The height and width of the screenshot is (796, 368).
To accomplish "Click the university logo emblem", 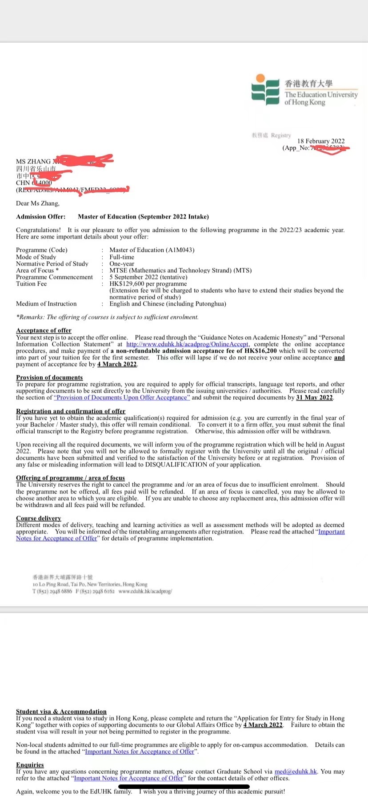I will pos(265,89).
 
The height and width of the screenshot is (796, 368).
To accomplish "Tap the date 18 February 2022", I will pos(321,141).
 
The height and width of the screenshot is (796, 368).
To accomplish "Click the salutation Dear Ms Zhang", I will pos(38,203).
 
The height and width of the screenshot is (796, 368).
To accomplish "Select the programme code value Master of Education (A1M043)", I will pos(152,250).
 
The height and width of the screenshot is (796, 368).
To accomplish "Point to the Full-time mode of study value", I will pos(122,257).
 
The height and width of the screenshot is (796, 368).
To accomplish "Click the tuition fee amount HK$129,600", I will pos(128,284).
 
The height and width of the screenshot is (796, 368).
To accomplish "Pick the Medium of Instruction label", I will pos(46,304).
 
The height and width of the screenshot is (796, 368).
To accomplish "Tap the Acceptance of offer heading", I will pos(44,330).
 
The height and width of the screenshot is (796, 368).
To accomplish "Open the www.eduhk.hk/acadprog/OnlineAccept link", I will pos(188,344).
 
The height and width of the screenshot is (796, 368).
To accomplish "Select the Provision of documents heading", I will pos(49,378).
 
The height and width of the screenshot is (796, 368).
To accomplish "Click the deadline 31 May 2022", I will pos(314,398).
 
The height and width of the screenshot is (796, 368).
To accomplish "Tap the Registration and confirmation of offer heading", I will pos(71,411).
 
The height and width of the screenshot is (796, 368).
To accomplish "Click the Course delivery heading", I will pos(38,518).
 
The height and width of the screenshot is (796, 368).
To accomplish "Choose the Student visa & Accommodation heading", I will pos(61,712).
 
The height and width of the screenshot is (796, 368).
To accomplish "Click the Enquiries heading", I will pos(30,765).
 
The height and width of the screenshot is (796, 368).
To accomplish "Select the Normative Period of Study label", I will pos(52,264).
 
